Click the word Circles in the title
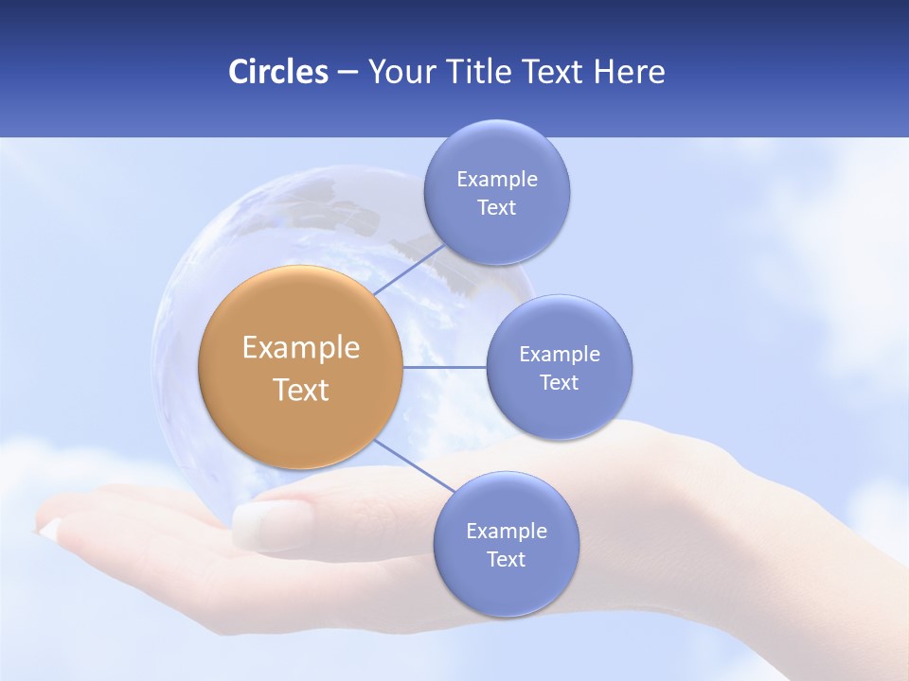277,72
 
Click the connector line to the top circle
409,269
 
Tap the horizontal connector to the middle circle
445,367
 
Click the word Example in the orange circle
300,348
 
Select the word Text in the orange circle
300,390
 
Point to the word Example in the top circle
496,180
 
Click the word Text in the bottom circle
506,560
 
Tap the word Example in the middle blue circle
559,355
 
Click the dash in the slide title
348,73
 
